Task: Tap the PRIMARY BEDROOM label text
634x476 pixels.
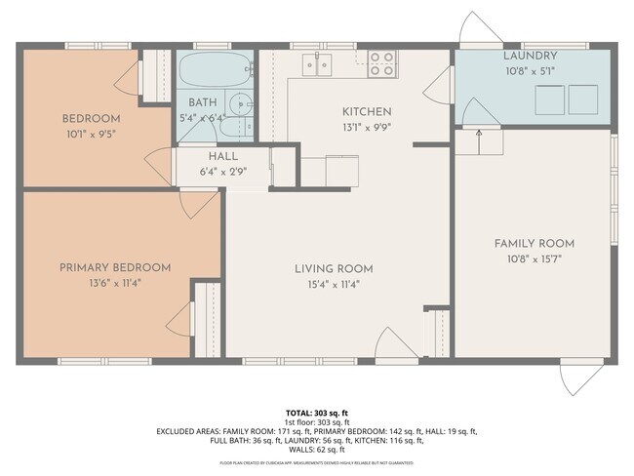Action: click(114, 267)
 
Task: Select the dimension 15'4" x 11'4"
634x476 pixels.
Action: click(334, 285)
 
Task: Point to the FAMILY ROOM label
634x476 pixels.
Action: click(534, 243)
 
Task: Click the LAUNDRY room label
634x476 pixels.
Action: click(530, 57)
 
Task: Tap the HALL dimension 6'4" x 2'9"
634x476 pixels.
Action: click(222, 171)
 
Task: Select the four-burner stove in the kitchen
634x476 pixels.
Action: click(382, 64)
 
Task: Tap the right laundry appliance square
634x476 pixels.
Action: click(583, 99)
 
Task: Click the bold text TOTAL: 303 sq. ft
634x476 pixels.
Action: click(316, 413)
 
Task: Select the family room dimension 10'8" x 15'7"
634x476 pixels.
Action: click(534, 259)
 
